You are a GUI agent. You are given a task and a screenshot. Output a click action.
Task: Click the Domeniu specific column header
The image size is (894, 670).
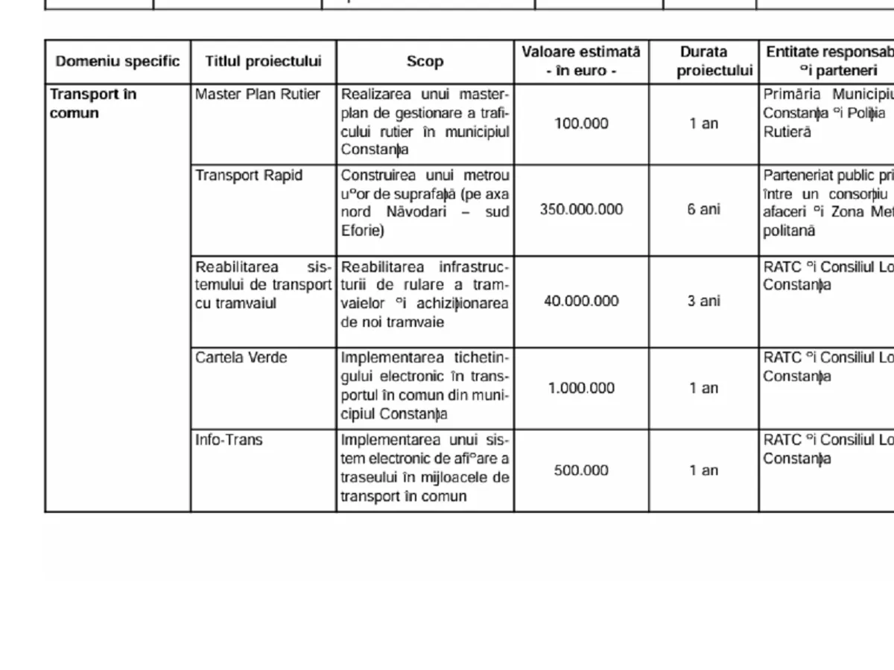coord(118,62)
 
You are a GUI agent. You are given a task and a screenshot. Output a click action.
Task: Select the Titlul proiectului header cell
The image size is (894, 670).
coord(263,62)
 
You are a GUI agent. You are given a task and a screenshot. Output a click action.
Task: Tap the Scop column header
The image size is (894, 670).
coord(425,62)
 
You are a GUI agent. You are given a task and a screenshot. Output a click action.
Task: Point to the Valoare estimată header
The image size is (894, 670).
coord(580,52)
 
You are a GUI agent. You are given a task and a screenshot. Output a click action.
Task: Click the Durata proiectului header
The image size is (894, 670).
coord(703,62)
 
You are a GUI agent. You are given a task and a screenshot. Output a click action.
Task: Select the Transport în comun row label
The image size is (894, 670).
coord(92,103)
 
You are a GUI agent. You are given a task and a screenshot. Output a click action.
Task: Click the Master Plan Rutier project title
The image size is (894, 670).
coord(258,95)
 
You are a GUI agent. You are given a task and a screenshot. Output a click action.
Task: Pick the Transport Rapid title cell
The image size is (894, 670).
coord(249,176)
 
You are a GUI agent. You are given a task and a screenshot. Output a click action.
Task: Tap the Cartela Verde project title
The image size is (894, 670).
coord(241,358)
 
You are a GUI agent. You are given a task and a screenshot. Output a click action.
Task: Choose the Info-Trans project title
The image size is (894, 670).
coord(229,440)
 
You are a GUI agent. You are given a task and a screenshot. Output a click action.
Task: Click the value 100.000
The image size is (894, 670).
coord(581,124)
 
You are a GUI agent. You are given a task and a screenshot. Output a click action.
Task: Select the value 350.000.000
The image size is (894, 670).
coord(581,209)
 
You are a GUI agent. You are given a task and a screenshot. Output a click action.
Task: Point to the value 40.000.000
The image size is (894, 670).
coord(581,301)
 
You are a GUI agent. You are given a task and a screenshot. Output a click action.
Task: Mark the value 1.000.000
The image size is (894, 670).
coord(581,388)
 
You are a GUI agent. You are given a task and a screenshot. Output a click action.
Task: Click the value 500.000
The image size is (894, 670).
coord(581,470)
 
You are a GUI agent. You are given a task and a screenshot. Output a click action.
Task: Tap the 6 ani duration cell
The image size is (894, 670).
coord(703,209)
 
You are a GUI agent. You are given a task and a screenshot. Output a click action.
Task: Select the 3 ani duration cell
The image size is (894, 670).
coord(703,301)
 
